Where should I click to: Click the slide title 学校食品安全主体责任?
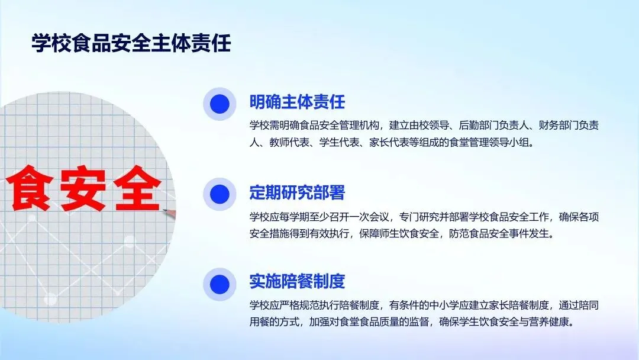[x=131, y=43]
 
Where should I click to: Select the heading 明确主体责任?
[x=297, y=102]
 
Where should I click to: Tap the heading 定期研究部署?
[x=297, y=192]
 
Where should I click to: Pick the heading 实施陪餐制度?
[x=297, y=281]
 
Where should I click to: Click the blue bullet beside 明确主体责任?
[x=220, y=104]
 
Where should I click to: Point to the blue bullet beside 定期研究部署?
[x=220, y=194]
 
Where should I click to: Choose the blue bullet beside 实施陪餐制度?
[x=220, y=284]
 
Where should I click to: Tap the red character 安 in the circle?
[x=83, y=188]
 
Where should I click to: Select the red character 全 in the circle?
[x=137, y=188]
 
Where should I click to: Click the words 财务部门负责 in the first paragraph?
[x=569, y=125]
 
